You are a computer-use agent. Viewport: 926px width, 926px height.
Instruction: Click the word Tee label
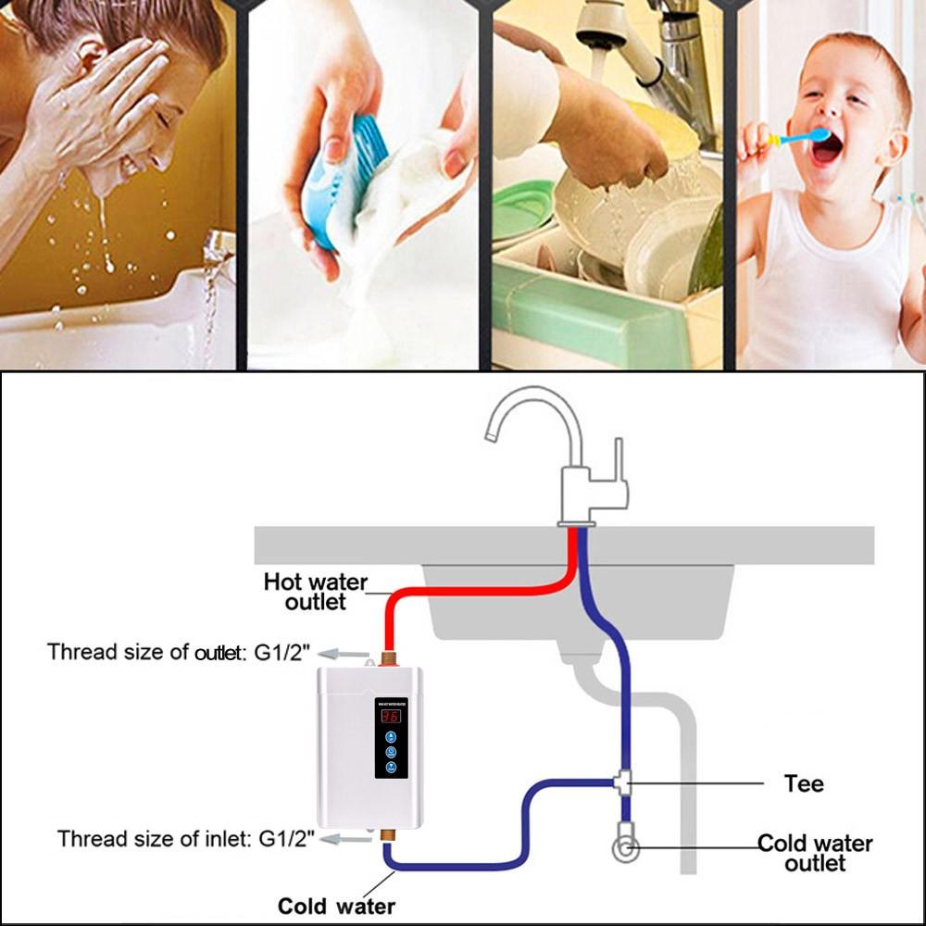coord(803,783)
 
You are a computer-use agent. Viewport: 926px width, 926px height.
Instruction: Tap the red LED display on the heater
coord(390,716)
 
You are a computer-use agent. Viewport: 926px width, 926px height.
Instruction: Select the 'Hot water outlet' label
coord(315,592)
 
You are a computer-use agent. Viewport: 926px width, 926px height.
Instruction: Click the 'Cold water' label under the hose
coord(336,906)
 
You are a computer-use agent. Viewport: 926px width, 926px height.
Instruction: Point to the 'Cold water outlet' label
coord(815,853)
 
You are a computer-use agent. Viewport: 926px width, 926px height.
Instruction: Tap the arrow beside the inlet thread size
coord(350,839)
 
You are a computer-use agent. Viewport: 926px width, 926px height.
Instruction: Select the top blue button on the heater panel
coord(390,737)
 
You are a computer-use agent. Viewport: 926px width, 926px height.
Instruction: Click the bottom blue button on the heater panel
coord(390,769)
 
